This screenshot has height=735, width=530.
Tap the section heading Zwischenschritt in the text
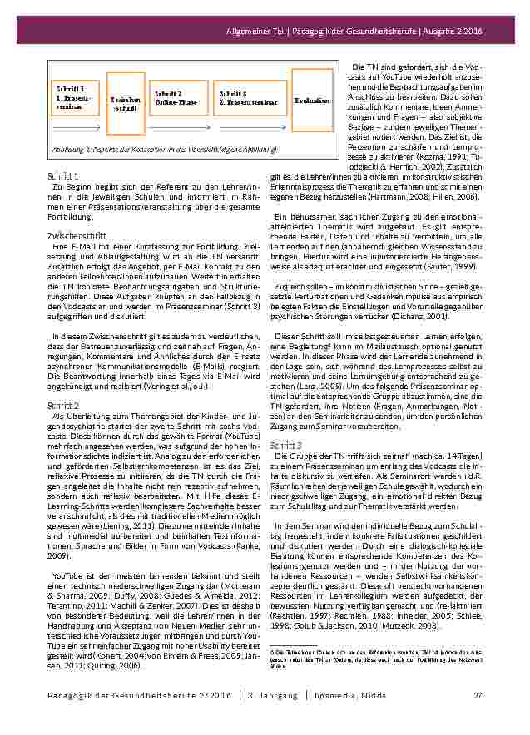(77, 236)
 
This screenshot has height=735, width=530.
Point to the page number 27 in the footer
(478, 695)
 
